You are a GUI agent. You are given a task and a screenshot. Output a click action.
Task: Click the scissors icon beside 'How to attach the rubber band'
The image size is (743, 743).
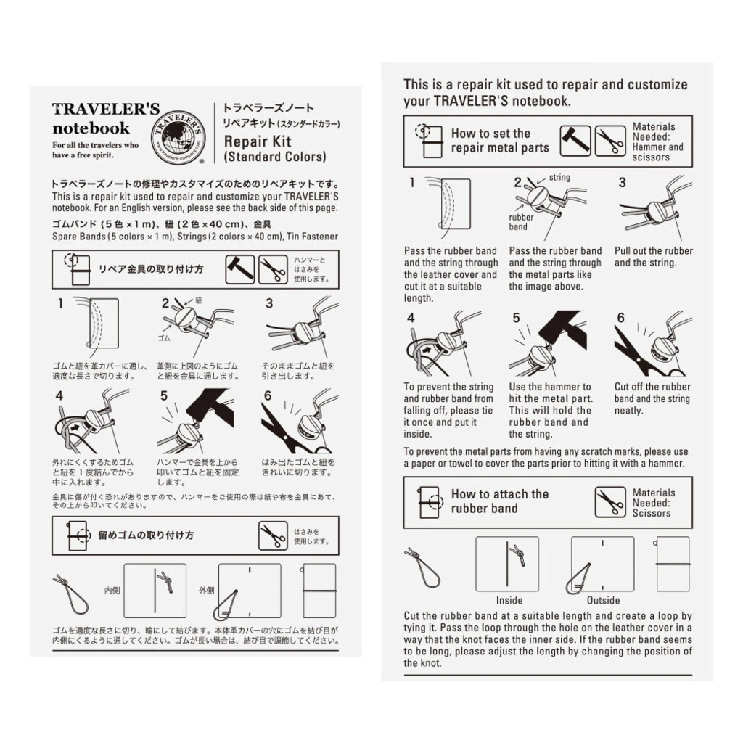click(x=610, y=502)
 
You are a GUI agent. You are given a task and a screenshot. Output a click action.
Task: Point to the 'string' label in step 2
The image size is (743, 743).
click(x=559, y=178)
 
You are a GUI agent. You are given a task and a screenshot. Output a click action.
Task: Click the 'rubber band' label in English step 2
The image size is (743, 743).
click(x=521, y=222)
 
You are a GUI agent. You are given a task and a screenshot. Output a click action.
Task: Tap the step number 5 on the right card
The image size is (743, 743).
click(x=516, y=318)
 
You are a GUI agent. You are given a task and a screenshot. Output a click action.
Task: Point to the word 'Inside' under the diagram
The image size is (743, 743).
click(x=509, y=600)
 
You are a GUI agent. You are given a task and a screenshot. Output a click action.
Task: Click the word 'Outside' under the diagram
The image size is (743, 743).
click(x=603, y=600)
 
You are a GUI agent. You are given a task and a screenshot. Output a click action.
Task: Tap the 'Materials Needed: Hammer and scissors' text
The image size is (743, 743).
click(x=657, y=142)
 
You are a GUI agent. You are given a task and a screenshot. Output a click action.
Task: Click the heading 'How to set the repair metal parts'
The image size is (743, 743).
click(x=500, y=141)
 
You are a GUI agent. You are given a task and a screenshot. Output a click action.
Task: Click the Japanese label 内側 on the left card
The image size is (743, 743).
click(x=112, y=590)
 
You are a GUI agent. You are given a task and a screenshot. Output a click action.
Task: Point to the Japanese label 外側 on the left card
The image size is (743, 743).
click(x=207, y=590)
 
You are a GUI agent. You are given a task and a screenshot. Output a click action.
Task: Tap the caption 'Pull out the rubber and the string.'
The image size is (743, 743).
click(x=653, y=257)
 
